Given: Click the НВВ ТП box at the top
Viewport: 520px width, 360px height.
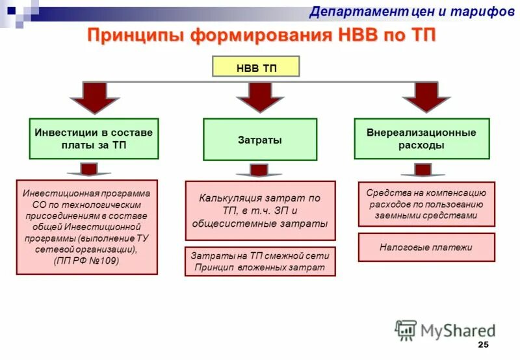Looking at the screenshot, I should point(256,68).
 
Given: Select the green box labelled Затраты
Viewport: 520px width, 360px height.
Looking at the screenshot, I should point(259,139).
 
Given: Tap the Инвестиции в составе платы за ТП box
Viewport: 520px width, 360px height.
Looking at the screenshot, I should point(94,138).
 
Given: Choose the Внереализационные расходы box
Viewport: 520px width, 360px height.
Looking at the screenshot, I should point(421,138).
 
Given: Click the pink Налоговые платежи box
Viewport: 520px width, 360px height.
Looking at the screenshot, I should point(426,247).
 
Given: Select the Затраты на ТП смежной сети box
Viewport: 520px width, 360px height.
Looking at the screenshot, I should point(259,261).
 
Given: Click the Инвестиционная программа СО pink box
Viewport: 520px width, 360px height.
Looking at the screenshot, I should point(86,227).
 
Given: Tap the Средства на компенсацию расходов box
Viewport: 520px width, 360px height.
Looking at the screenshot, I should point(426,204).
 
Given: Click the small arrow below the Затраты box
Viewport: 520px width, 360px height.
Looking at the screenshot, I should point(259,170).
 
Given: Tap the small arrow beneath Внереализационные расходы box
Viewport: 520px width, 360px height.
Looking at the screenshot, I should point(422,170).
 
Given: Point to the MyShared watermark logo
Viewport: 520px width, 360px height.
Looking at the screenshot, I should point(445,330).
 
